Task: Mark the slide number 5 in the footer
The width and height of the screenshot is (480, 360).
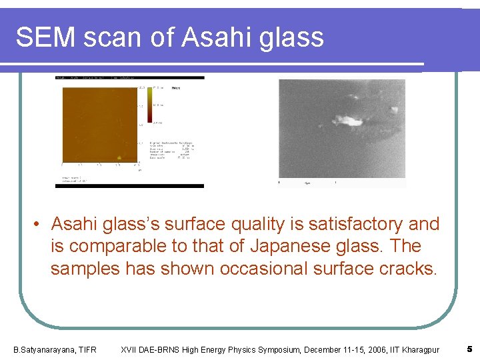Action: (469, 349)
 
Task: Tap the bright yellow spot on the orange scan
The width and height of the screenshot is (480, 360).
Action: (119, 158)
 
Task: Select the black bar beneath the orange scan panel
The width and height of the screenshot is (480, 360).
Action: (129, 186)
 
